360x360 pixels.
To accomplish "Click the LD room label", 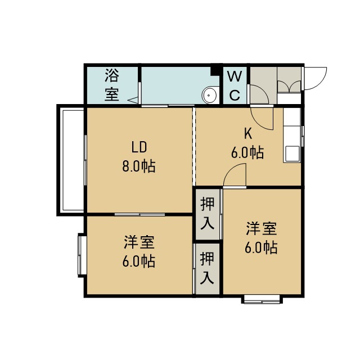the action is point(139,147).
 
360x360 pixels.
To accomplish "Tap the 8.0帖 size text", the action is point(139,166).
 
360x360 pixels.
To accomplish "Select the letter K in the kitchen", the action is point(247,134).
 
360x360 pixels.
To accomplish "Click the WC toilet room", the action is point(235,85).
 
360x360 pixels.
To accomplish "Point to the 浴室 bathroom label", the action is point(112,85).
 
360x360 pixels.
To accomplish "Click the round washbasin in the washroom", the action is point(209,95).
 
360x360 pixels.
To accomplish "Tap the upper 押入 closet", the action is point(208,214).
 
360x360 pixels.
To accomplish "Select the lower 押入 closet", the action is point(208,269).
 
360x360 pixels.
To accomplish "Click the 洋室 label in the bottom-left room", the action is point(139,242).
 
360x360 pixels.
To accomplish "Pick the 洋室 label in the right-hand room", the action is point(261,228).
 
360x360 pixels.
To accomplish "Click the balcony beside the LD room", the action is point(71,160).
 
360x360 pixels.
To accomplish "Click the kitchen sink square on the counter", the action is point(292,154).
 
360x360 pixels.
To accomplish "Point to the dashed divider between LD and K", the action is point(193,146).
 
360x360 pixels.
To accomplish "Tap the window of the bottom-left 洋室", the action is point(82,255).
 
